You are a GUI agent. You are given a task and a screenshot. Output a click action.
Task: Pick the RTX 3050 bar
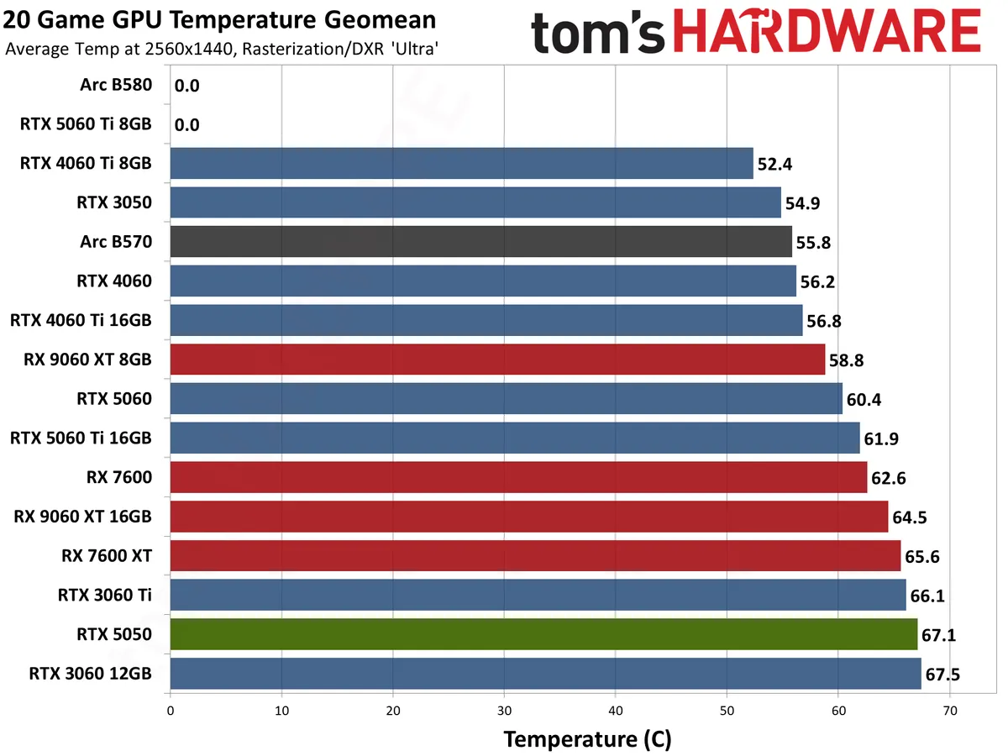475,202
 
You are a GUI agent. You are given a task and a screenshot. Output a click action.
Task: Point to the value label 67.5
942,675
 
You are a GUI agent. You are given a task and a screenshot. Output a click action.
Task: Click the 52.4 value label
773,164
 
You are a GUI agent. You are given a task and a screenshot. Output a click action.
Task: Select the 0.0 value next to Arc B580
186,85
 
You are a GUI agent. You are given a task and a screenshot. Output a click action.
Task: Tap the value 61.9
879,438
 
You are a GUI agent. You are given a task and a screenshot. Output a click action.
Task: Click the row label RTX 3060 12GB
90,674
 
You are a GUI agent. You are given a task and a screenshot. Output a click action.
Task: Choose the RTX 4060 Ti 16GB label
81,320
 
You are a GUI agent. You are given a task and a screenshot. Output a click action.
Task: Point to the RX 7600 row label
118,477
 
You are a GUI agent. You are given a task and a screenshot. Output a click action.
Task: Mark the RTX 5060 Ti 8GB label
86,124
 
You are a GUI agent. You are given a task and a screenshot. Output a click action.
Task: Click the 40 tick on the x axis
616,711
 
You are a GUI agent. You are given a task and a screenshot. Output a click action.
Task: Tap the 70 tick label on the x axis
949,711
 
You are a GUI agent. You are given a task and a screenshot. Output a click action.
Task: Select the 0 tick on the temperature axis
171,711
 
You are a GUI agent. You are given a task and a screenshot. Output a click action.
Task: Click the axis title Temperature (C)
587,739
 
